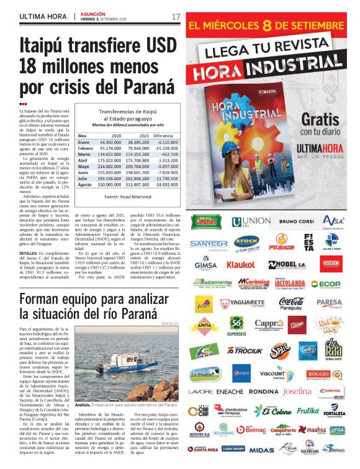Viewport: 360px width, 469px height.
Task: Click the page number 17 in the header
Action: pos(176,16)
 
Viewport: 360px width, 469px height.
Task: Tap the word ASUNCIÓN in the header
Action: pos(92,12)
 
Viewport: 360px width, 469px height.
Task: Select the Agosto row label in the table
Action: pos(87,184)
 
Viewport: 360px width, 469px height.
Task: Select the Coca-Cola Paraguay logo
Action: pos(291,302)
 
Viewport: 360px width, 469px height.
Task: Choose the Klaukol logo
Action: pos(240,264)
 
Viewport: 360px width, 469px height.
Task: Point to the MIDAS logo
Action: pos(261,449)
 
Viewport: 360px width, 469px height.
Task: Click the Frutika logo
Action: pos(308,411)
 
